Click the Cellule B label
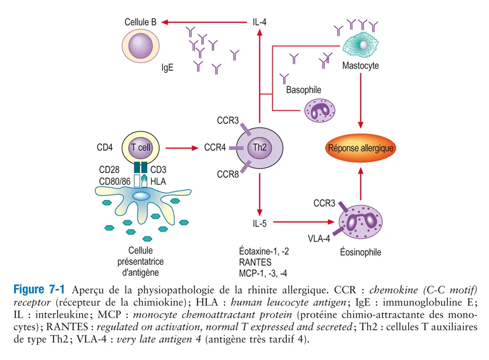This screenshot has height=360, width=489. click(140, 22)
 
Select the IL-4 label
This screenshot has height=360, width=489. click(260, 22)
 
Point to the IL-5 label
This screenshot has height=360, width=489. click(260, 222)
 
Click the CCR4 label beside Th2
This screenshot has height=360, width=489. click(215, 147)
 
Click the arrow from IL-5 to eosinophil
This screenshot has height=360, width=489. click(303, 222)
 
